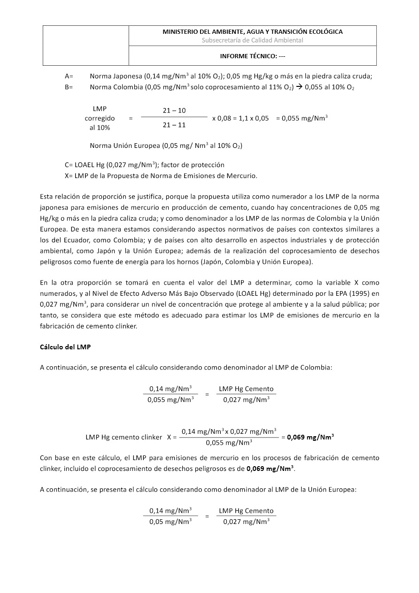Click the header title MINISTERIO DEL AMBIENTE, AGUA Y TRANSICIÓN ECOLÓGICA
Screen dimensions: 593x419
tap(252, 32)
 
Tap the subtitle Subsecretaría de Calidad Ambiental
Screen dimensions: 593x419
tap(252, 40)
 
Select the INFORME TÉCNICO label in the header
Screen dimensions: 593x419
tap(252, 56)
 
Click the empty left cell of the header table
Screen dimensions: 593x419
tap(86, 46)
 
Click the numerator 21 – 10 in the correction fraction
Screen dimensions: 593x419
tap(174, 110)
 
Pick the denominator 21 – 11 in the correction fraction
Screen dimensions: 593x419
tap(174, 125)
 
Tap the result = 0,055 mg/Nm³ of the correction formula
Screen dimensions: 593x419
tap(302, 118)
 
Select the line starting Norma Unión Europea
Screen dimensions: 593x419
tap(166, 146)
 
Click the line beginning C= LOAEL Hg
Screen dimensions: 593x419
tap(144, 165)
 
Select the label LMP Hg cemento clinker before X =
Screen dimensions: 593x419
tap(124, 437)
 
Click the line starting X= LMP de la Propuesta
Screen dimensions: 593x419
tap(161, 176)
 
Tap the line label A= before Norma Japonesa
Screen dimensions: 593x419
tap(69, 76)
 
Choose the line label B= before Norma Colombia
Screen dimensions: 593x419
tap(69, 87)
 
